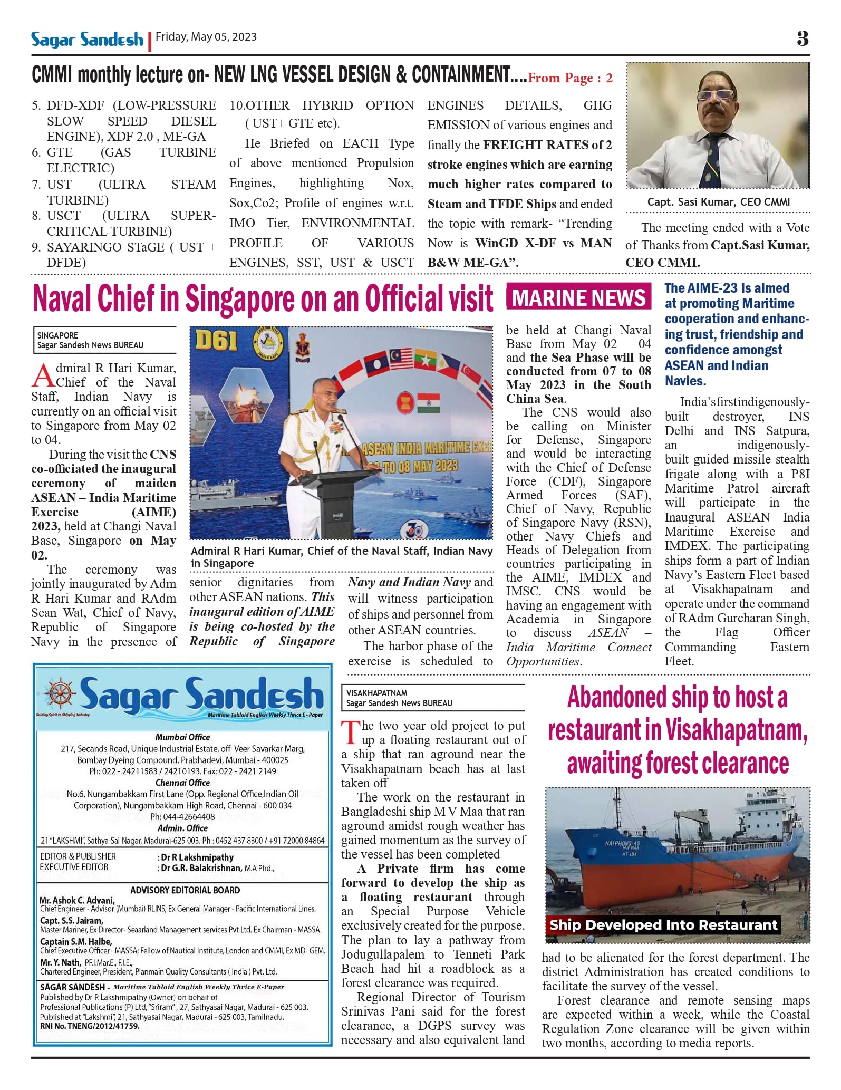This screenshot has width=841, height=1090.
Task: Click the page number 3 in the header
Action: [802, 38]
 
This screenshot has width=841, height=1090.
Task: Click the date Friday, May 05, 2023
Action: [206, 37]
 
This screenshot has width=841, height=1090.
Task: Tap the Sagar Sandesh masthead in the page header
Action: [87, 40]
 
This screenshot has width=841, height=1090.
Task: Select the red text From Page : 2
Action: [570, 79]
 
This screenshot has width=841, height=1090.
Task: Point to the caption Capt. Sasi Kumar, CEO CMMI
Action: [718, 202]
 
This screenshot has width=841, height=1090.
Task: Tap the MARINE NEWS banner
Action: [578, 298]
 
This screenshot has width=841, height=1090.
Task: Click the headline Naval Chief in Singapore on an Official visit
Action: [263, 298]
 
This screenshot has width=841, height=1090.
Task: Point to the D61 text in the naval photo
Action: [217, 342]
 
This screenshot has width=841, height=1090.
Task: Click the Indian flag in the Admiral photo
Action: [428, 403]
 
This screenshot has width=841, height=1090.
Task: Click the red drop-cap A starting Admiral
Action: [42, 375]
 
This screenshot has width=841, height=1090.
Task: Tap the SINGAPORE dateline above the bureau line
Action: [57, 335]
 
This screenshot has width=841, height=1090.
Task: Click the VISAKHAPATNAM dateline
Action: [376, 693]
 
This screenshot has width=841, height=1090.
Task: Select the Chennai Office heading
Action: [182, 783]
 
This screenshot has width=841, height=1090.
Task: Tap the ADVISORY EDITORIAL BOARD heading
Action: [185, 890]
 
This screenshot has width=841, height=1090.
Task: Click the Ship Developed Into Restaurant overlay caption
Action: [663, 925]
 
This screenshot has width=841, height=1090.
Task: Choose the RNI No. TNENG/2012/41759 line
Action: [90, 1026]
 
